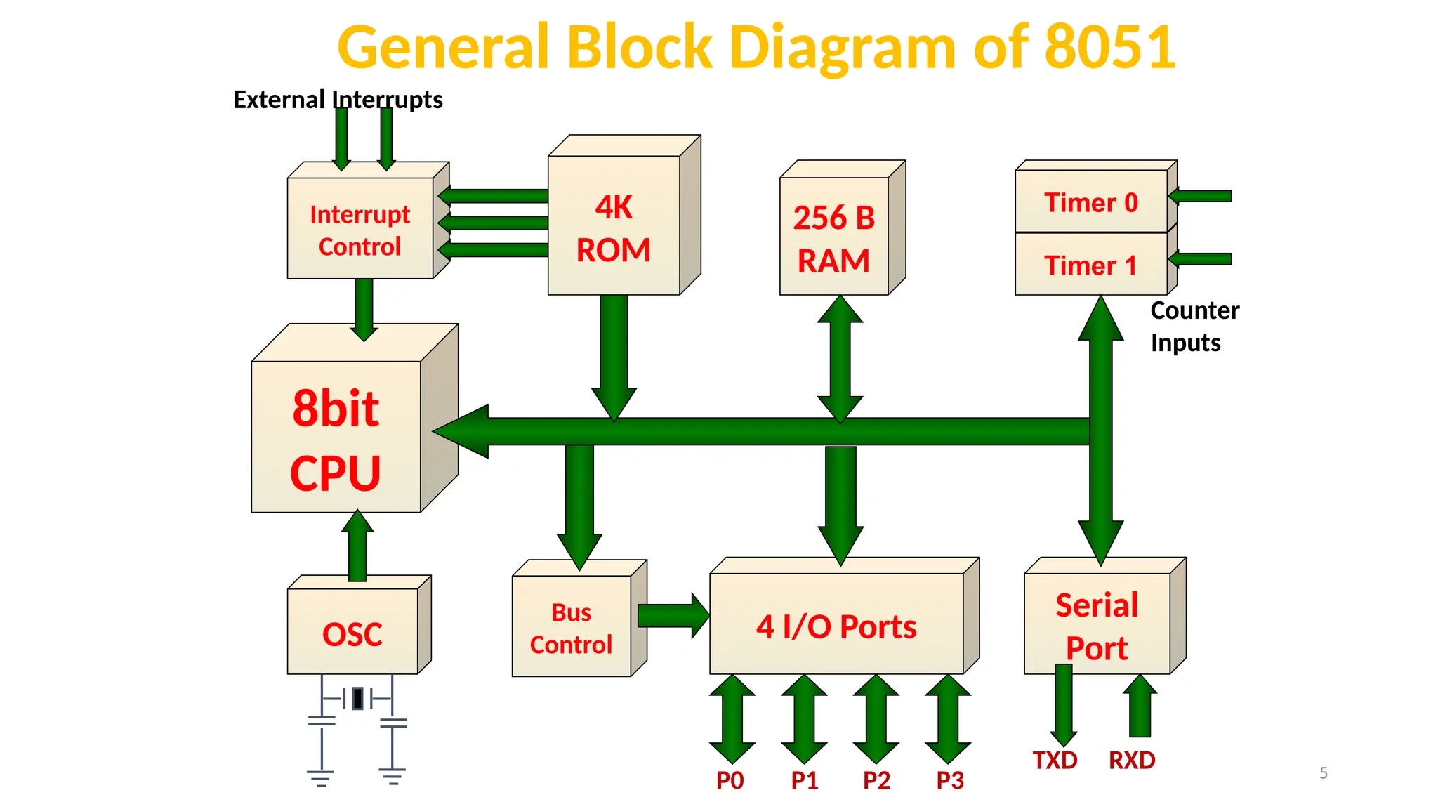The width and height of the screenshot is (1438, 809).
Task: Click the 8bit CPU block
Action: pos(355,418)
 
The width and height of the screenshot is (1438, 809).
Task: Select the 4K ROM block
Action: pos(624,215)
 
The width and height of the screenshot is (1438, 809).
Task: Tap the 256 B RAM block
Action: pos(843,228)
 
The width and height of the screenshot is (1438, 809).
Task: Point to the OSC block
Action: pos(359,624)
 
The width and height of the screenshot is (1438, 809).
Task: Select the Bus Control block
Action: pos(579,618)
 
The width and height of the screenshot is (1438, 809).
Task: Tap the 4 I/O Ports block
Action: pos(844,616)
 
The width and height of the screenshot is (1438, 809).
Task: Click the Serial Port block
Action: pos(1105,616)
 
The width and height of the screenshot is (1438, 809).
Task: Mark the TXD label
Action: pos(1055,761)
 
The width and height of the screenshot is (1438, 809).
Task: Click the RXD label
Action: pos(1132,761)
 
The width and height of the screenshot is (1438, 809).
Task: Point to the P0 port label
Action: pos(730,780)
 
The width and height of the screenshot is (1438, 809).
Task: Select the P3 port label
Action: pos(950,780)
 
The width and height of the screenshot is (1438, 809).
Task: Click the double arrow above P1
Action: pos(804,719)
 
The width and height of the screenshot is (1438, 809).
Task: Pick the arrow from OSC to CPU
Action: pos(357,546)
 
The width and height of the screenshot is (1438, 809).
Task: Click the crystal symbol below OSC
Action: pos(357,699)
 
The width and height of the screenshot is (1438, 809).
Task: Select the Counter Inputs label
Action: pos(1194,327)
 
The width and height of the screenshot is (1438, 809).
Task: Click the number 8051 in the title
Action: pos(1109,47)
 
